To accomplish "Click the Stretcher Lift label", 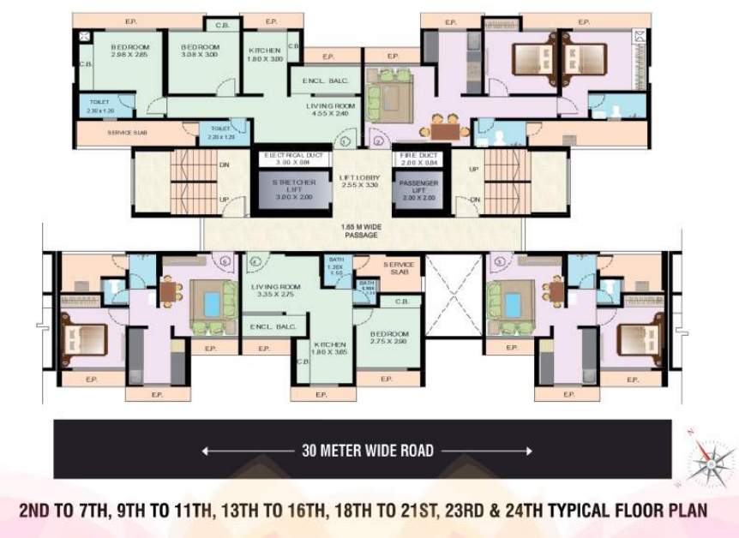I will [293, 189].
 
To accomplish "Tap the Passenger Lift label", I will [418, 189].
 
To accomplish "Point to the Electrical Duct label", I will [294, 158].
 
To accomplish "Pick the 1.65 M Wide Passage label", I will [361, 230].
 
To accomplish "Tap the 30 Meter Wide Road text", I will [367, 451].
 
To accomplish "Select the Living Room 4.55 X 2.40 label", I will [331, 109].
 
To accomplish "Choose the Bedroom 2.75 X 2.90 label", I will [388, 337].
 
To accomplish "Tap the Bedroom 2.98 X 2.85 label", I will [129, 51].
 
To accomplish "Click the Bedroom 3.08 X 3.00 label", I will [201, 51].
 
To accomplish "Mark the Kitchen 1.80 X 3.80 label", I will [265, 55].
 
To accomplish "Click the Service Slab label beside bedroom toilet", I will [124, 133].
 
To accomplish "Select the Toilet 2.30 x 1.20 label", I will [101, 106].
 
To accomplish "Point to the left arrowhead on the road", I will [206, 451].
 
